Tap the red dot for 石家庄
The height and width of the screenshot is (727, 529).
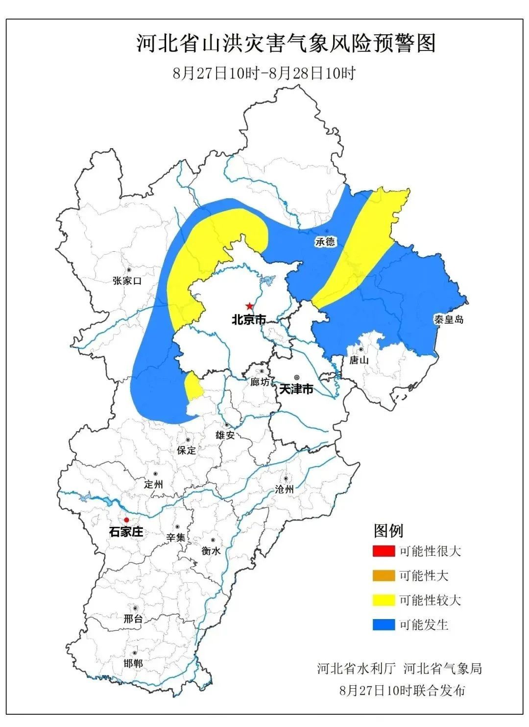[x=126, y=520]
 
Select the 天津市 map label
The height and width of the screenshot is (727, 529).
[x=296, y=389]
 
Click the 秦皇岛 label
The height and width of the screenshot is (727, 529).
[x=448, y=319]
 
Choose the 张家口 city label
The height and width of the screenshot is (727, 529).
[x=127, y=281]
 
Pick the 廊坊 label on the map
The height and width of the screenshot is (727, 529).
[x=260, y=382]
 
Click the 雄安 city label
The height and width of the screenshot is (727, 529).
[x=225, y=435]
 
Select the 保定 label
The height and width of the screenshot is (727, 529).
[x=187, y=450]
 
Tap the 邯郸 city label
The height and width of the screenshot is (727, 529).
[x=133, y=663]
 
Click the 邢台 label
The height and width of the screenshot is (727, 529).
[x=133, y=619]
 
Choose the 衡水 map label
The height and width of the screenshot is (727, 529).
[x=211, y=551]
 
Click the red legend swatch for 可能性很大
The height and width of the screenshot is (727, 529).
[x=383, y=551]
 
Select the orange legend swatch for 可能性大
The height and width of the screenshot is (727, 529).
[x=383, y=576]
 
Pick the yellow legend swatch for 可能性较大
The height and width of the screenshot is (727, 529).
[x=383, y=600]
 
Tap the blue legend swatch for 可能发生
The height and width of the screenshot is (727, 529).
[x=383, y=624]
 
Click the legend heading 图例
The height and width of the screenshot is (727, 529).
[x=388, y=530]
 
